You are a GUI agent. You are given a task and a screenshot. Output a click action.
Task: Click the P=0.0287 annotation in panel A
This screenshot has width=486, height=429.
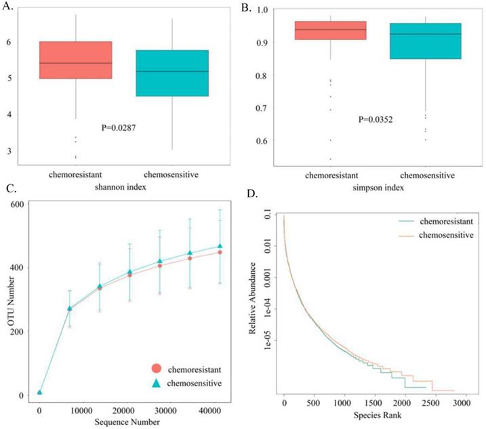pyautogui.click(x=119, y=127)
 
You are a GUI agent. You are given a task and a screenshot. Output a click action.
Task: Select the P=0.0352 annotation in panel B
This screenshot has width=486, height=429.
pyautogui.click(x=376, y=119)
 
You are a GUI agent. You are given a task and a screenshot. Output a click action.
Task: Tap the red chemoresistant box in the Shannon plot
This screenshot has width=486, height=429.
pyautogui.click(x=76, y=60)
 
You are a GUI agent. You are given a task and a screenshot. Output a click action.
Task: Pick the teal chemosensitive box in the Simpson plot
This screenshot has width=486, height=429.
pyautogui.click(x=426, y=41)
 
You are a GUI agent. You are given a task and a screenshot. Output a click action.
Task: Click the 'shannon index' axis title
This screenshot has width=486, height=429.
pyautogui.click(x=120, y=187)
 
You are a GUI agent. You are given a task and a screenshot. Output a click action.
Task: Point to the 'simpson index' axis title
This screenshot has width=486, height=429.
pyautogui.click(x=378, y=188)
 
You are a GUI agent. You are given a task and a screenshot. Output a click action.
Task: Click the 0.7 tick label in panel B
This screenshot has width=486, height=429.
pyautogui.click(x=262, y=108)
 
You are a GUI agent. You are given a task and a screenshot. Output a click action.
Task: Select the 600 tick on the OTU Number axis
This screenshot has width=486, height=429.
pyautogui.click(x=17, y=204)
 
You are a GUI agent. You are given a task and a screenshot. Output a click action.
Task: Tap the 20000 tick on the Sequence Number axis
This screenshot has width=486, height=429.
pyautogui.click(x=123, y=411)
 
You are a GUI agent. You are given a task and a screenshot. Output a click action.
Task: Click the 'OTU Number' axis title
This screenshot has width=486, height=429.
pyautogui.click(x=11, y=301)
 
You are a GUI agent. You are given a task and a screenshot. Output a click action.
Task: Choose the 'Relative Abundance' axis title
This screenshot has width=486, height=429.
pyautogui.click(x=252, y=298)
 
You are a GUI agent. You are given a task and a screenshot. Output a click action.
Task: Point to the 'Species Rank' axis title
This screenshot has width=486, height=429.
pyautogui.click(x=378, y=415)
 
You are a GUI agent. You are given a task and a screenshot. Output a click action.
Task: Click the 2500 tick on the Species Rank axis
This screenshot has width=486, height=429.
pyautogui.click(x=431, y=403)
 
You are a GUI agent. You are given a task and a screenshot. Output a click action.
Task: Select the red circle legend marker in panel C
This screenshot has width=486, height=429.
pyautogui.click(x=157, y=368)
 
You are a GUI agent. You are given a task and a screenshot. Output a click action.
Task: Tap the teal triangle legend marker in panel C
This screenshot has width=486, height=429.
pyautogui.click(x=157, y=383)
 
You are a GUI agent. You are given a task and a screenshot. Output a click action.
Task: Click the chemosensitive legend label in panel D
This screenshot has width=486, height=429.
pyautogui.click(x=446, y=235)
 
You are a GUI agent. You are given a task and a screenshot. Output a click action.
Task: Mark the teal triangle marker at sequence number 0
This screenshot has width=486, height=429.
pyautogui.click(x=39, y=392)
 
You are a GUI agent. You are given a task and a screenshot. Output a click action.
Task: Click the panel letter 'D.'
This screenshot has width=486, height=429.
pyautogui.click(x=252, y=193)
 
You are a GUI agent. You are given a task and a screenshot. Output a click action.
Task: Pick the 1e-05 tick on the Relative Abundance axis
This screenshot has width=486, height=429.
pyautogui.click(x=268, y=340)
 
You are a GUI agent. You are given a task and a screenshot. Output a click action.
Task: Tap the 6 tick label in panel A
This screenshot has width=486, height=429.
pyautogui.click(x=9, y=41)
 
